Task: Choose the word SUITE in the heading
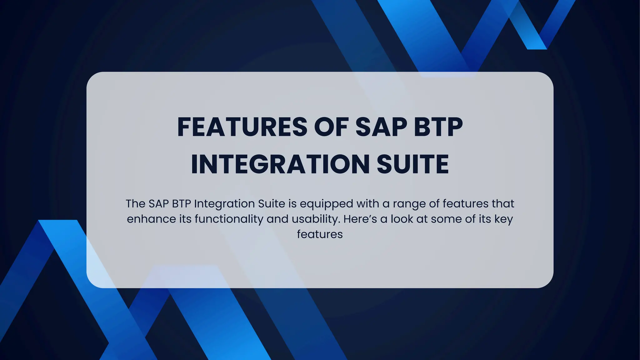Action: click(413, 164)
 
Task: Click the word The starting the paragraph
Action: click(135, 204)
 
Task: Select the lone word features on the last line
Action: click(320, 234)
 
